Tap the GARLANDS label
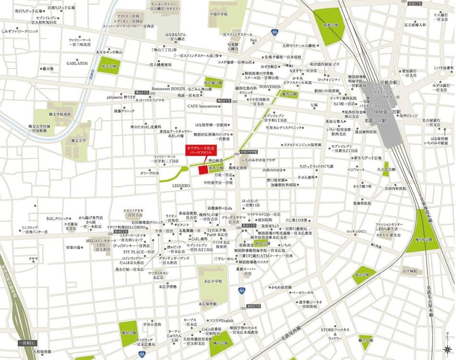[77, 63]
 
